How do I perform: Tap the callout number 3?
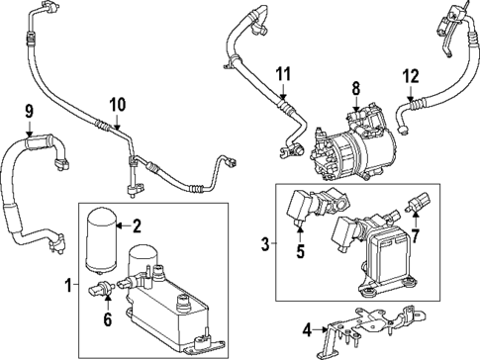point(264,243)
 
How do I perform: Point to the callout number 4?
point(308,329)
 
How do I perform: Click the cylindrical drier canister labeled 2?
point(102,238)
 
